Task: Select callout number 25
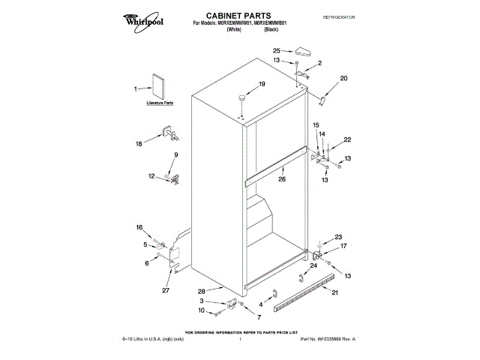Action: click(x=277, y=51)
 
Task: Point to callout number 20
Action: click(x=344, y=79)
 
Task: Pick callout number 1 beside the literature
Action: click(x=136, y=89)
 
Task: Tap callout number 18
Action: click(x=138, y=143)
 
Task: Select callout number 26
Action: click(x=282, y=179)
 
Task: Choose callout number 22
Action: click(x=347, y=140)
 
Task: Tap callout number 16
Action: click(x=139, y=227)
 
